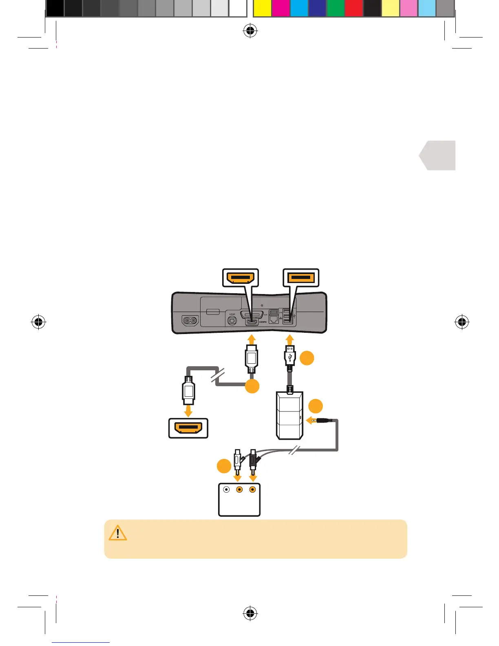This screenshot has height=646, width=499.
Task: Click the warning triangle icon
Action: pos(118,533)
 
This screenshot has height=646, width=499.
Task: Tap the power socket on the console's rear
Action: pos(190,321)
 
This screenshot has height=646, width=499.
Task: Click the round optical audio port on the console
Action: pos(232,321)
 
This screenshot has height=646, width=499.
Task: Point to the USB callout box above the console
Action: pos(301,278)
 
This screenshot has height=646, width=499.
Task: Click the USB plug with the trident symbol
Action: pos(289,357)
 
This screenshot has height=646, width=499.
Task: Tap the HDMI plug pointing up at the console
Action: pos(252,358)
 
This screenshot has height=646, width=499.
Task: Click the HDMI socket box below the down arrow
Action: pos(188,428)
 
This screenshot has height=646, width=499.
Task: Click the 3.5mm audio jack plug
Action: pos(324,420)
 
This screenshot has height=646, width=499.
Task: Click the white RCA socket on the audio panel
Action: pos(227,489)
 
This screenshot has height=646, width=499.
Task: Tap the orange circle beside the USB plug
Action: pos(307,358)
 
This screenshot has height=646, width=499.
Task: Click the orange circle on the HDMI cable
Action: pos(252,386)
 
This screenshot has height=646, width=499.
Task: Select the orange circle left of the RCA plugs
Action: pos(224,466)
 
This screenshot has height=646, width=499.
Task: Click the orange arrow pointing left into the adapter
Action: pos(311,420)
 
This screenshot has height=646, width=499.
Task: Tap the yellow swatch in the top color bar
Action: pos(262,9)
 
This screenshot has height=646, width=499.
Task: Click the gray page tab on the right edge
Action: pos(438,155)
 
